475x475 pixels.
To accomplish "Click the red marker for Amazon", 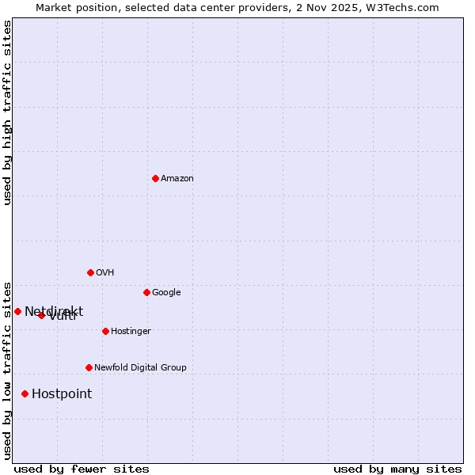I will pyautogui.click(x=155, y=178).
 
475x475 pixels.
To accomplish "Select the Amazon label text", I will pyautogui.click(x=177, y=179).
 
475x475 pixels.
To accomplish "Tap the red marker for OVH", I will pyautogui.click(x=90, y=272).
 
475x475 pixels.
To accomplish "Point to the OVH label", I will pyautogui.click(x=105, y=273).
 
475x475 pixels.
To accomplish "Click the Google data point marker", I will pyautogui.click(x=146, y=292).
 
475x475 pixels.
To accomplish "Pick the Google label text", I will pyautogui.click(x=166, y=293).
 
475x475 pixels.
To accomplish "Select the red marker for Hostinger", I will pyautogui.click(x=105, y=331).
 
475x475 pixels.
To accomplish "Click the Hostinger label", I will pyautogui.click(x=131, y=332).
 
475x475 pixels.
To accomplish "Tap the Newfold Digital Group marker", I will pyautogui.click(x=89, y=367).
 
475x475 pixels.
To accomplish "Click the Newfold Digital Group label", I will pyautogui.click(x=140, y=368).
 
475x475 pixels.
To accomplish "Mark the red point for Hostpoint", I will pyautogui.click(x=25, y=393).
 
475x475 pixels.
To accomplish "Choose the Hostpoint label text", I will pyautogui.click(x=62, y=394).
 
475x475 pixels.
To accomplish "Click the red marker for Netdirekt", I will pyautogui.click(x=17, y=311).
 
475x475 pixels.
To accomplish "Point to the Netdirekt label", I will pyautogui.click(x=54, y=311).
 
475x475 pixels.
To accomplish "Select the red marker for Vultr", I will pyautogui.click(x=41, y=315).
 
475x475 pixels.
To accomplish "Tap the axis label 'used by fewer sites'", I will pyautogui.click(x=82, y=469).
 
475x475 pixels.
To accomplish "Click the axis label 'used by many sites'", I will pyautogui.click(x=397, y=469).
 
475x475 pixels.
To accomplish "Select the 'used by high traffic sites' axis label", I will pyautogui.click(x=7, y=112).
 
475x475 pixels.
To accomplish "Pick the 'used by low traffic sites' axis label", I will pyautogui.click(x=7, y=370).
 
